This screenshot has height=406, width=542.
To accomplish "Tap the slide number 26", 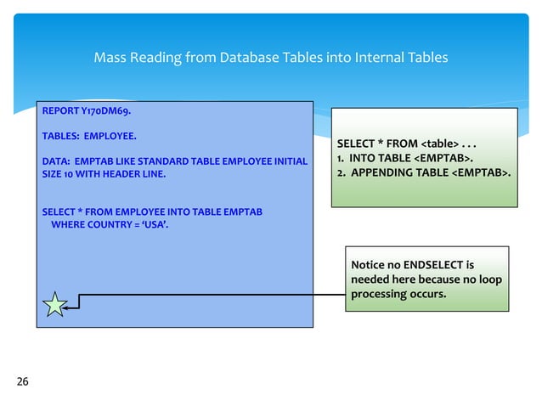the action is (x=22, y=381).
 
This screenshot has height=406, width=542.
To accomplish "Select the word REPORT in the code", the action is (x=59, y=110).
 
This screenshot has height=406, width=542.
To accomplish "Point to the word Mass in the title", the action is (x=109, y=58).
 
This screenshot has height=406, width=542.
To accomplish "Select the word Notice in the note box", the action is (x=368, y=263).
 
